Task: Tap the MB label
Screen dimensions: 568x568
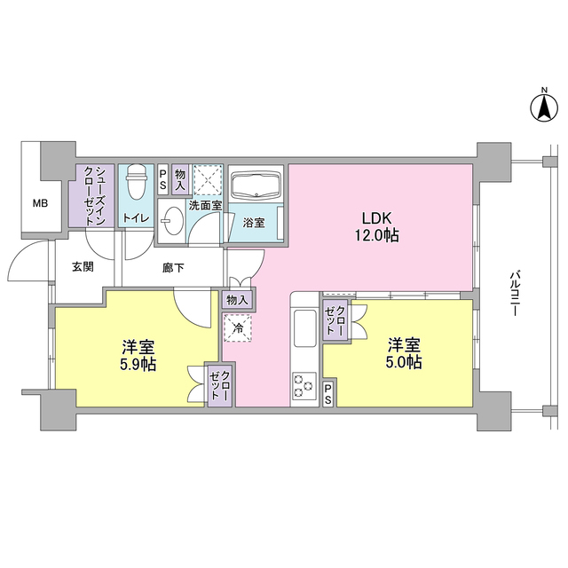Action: (x=41, y=203)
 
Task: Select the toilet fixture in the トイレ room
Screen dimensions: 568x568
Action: (x=136, y=184)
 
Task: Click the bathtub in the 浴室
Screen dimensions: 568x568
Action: (x=256, y=186)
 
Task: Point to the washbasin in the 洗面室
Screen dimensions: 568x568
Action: (x=171, y=222)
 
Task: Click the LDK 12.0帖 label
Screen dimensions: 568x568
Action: (x=378, y=227)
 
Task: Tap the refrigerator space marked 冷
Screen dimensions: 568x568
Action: (x=237, y=328)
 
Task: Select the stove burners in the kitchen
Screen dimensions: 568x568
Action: (x=304, y=387)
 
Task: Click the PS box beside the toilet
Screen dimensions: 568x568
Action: (x=162, y=180)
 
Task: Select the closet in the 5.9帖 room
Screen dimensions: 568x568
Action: (x=220, y=387)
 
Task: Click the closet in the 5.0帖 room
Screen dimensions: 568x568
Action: (x=336, y=319)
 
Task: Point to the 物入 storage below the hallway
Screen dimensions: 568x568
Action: (x=237, y=300)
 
